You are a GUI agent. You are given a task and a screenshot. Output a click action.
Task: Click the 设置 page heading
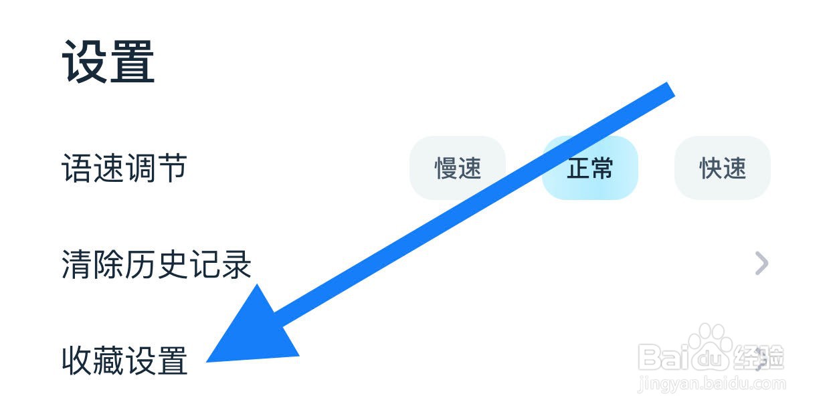(109, 62)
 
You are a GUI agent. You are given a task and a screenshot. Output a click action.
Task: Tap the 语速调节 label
(124, 168)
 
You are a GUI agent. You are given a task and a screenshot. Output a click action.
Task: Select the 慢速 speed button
(458, 168)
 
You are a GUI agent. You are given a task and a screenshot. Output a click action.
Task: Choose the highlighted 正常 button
(589, 168)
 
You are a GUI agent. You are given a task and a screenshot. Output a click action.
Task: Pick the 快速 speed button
(723, 168)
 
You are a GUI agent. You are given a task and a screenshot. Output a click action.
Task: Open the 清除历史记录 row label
(157, 264)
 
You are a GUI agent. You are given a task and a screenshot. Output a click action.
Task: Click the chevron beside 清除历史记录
(761, 264)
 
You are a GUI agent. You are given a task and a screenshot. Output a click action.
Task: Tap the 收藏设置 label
(124, 360)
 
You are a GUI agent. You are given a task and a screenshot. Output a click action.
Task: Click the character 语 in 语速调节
(77, 168)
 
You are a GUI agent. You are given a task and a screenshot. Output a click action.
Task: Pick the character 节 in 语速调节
(171, 168)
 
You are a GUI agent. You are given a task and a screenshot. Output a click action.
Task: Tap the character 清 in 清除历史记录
(77, 264)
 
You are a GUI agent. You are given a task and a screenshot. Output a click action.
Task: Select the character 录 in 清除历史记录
(236, 264)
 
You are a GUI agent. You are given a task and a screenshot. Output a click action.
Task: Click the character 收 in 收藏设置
(77, 360)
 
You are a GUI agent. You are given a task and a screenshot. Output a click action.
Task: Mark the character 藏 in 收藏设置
(108, 360)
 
